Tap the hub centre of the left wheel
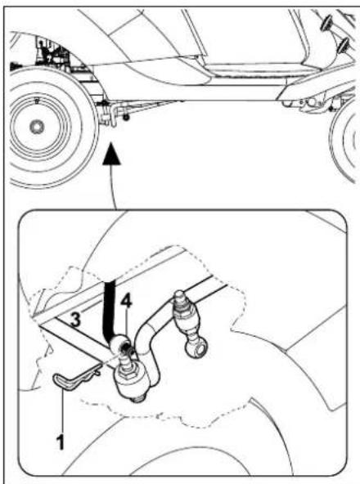(x=37, y=126)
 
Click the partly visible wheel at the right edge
(x=348, y=135)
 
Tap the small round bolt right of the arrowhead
(x=127, y=119)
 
